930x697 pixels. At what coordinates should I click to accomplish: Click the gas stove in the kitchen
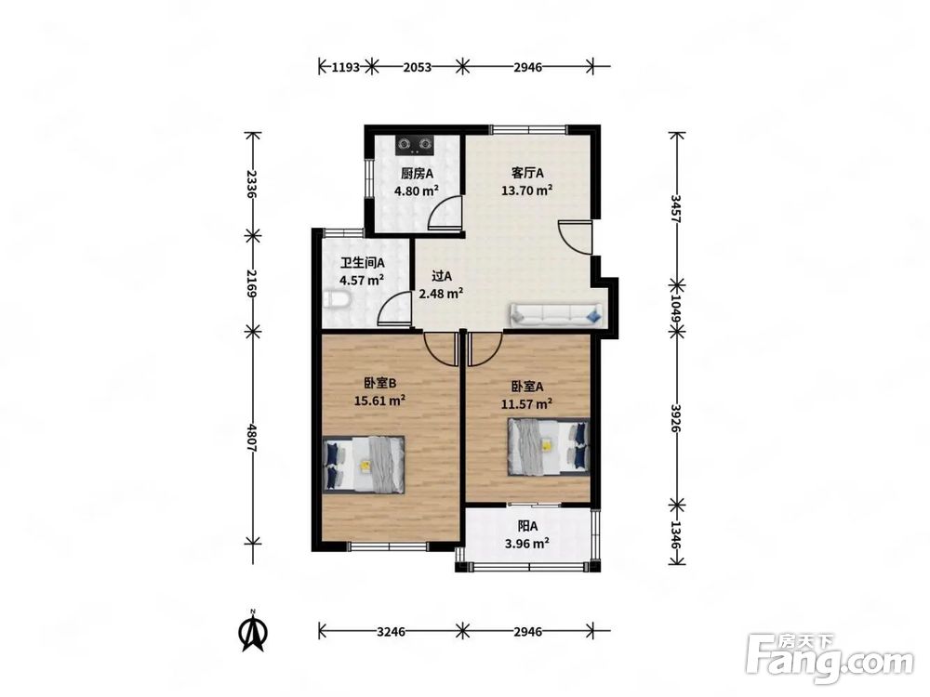point(415,144)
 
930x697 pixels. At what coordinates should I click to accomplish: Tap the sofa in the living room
point(556,314)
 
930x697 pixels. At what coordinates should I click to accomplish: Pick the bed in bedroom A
point(549,447)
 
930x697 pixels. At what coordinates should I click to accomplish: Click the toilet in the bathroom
point(337,300)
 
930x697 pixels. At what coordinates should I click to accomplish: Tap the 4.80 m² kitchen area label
point(417,191)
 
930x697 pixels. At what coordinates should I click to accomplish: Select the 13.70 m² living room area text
point(527,191)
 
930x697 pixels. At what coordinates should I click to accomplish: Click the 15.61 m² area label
point(379,401)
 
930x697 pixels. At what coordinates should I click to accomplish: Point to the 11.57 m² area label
point(527,404)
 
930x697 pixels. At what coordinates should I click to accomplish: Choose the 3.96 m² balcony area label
point(526,543)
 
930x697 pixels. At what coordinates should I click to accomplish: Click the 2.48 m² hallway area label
point(441,293)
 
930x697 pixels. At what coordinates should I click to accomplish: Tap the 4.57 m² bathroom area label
point(361,280)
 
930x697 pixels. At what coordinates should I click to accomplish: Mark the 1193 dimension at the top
point(345,67)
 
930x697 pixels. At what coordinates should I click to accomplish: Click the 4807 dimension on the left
point(252,438)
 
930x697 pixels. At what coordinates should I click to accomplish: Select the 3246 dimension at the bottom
point(391,632)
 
